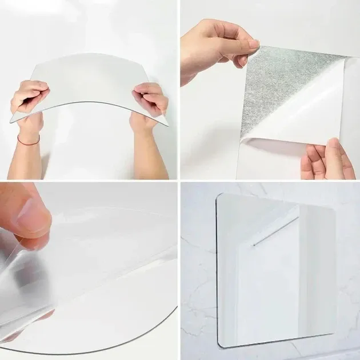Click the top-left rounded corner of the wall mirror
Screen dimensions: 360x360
[x=221, y=197]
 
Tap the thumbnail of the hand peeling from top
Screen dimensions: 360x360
[x=253, y=45]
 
